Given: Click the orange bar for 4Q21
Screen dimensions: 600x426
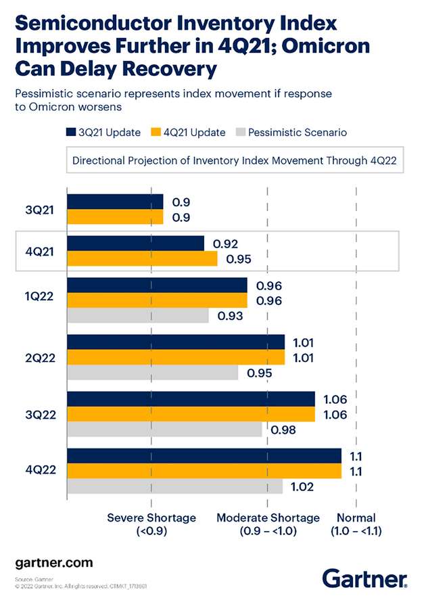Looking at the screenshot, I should coord(142,258).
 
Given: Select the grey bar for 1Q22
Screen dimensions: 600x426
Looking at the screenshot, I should coord(138,315).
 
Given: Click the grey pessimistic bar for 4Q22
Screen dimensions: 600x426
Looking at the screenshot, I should coord(174,486).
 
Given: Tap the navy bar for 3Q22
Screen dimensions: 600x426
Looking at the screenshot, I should coord(191,399).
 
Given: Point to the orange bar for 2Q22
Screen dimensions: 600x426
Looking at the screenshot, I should coord(176,357).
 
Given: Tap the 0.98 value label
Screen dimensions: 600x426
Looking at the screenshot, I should coord(284,429).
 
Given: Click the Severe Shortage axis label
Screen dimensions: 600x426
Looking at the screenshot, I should coord(151,524).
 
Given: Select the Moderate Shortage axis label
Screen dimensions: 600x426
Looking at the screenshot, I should coord(268,524).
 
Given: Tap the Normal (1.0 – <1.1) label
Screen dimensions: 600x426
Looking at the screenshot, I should coord(356,524).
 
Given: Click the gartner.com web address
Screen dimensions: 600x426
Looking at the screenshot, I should coord(53,562).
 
